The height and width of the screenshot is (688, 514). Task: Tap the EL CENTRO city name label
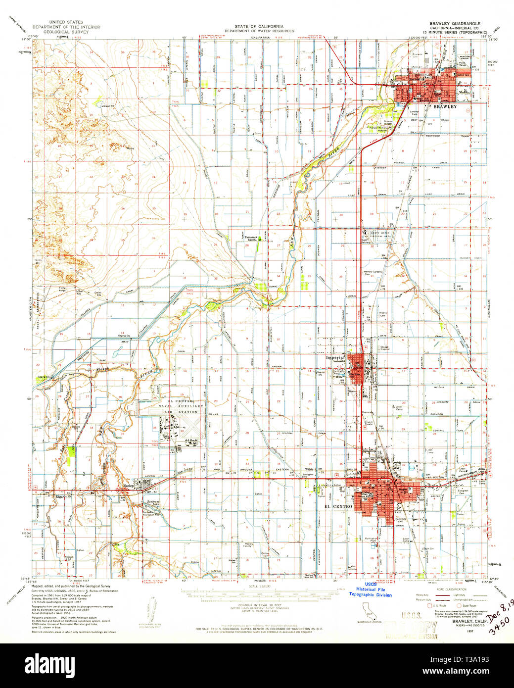(338, 506)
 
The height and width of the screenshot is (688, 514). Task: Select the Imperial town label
(334, 357)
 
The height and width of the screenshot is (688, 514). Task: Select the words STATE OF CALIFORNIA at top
(259, 26)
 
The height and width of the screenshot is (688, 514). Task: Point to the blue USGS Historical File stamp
(371, 590)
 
